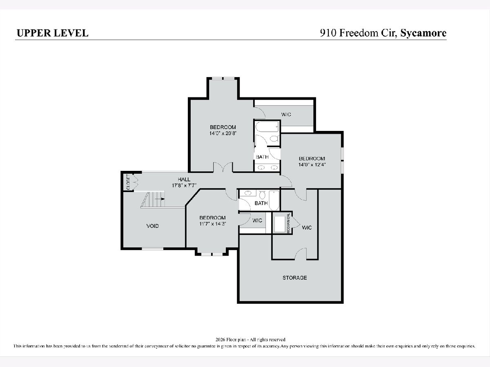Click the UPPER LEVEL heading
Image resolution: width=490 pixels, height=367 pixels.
pos(52,33)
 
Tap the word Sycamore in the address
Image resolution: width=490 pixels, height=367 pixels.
pos(423,33)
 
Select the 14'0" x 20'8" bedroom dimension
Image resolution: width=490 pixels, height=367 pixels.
pos(223,133)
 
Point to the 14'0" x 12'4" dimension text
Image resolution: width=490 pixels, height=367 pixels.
pos(312,165)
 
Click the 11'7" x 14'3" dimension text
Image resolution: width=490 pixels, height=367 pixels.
pos(213,224)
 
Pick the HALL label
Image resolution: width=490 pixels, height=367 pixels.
pos(184,179)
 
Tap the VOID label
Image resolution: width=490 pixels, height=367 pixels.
pos(152,226)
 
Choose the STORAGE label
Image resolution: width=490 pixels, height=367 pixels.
pos(295,278)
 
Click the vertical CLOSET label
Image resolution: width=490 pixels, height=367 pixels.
pos(128,182)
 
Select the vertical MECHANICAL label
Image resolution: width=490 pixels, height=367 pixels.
pos(288,223)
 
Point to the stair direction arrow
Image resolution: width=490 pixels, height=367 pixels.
pos(160,199)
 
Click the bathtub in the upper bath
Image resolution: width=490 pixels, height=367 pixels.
pos(267,126)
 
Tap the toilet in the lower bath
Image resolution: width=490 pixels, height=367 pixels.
pos(262,195)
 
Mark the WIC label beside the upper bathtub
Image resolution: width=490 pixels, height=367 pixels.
pos(286,114)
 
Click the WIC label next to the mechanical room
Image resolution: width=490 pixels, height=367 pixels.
pos(307,228)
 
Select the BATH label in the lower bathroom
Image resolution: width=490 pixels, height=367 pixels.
pos(261,203)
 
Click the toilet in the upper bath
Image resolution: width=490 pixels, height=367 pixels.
pos(274,139)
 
